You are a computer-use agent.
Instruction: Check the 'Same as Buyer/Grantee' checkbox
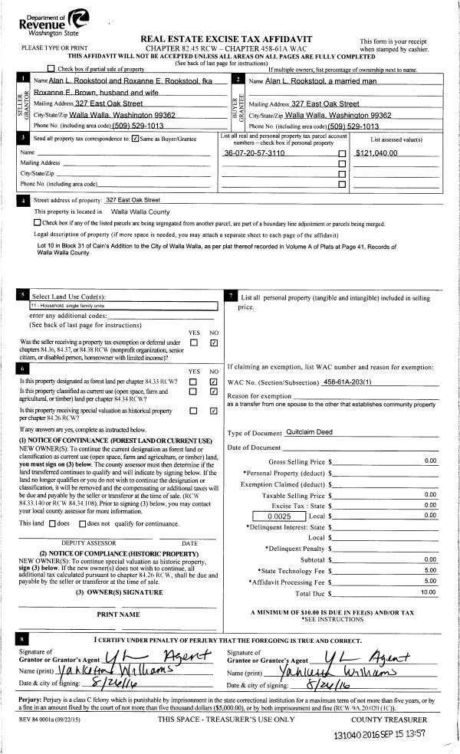click(135, 139)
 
